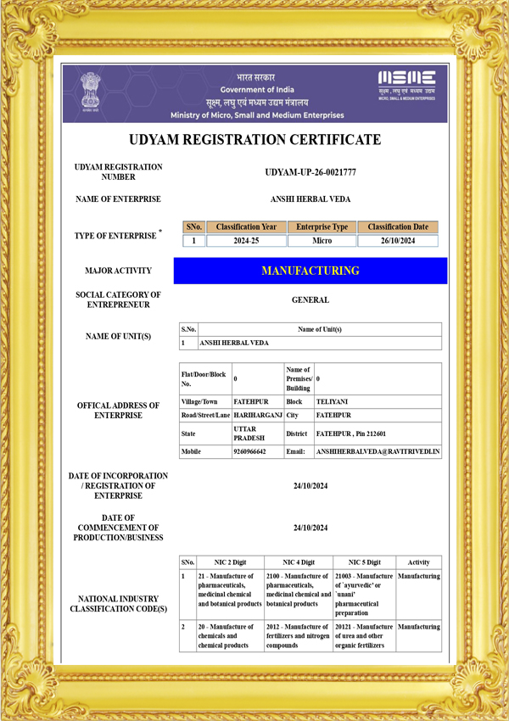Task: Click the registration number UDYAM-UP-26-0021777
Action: (x=310, y=172)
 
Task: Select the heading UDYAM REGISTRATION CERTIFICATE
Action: (x=255, y=140)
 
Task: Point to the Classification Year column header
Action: (x=246, y=227)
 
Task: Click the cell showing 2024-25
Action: (x=246, y=241)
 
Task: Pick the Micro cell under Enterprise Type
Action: (x=322, y=241)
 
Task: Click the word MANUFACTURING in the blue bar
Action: (x=310, y=271)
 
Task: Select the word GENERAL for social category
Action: (x=310, y=299)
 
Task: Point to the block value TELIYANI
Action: (x=332, y=401)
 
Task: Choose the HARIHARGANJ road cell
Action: (x=257, y=416)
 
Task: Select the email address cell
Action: (x=378, y=452)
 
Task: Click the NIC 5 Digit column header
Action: (x=364, y=562)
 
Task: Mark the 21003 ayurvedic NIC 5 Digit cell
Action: (x=364, y=594)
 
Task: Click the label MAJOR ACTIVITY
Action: (x=118, y=271)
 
